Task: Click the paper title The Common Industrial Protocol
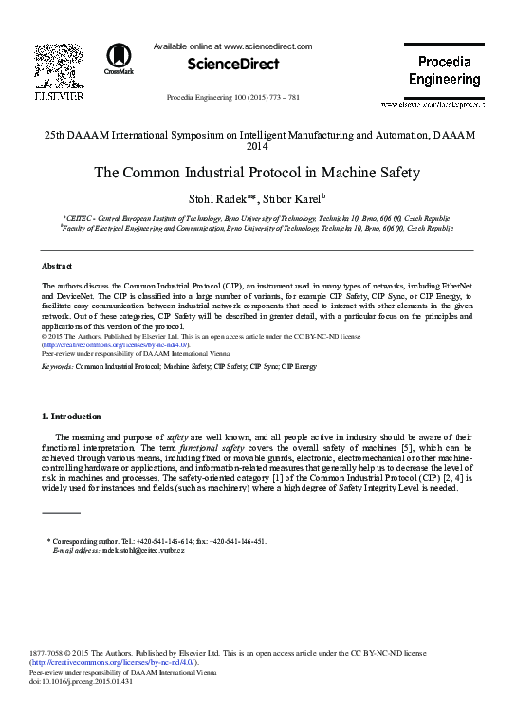click(x=257, y=174)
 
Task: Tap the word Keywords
click(x=57, y=364)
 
